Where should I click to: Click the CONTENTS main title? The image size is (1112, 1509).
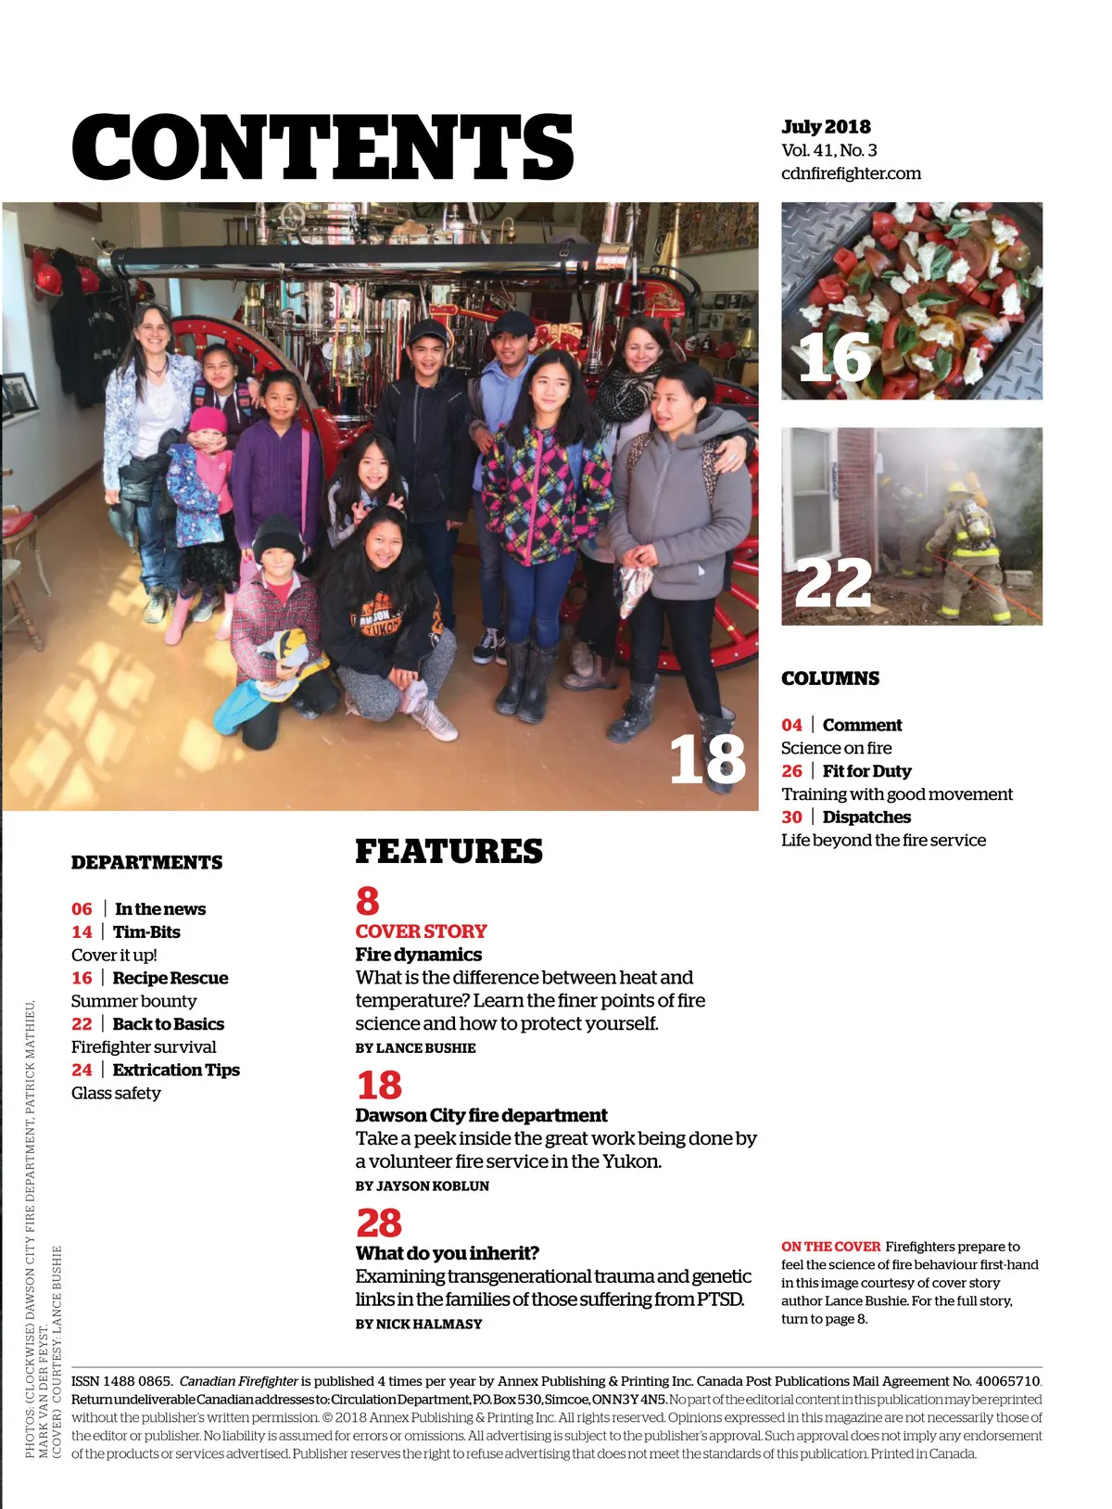click(322, 147)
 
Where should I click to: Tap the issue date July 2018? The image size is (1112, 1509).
click(826, 127)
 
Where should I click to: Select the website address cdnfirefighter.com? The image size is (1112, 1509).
click(851, 173)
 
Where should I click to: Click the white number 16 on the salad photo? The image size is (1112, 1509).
click(834, 357)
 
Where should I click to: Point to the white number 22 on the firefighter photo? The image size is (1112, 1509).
click(833, 583)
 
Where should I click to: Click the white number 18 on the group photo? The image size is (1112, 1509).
click(707, 759)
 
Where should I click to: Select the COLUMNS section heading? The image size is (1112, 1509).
click(829, 678)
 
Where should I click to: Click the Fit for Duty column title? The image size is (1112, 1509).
click(866, 771)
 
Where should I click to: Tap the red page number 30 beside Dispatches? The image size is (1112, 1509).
click(791, 818)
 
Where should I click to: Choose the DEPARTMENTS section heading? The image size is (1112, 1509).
click(146, 863)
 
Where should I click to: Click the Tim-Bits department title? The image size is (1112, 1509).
click(146, 932)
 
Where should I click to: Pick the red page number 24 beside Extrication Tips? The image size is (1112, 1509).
click(82, 1071)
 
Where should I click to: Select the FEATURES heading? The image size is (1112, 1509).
click(449, 852)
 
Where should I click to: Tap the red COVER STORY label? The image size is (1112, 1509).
click(421, 932)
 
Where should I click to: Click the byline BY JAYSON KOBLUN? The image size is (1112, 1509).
click(422, 1186)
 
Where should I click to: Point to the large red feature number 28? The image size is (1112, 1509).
click(379, 1224)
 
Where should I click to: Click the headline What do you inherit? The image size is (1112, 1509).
click(447, 1253)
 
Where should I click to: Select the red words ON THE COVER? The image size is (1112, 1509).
click(830, 1247)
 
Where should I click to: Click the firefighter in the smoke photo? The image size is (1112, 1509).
click(969, 547)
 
